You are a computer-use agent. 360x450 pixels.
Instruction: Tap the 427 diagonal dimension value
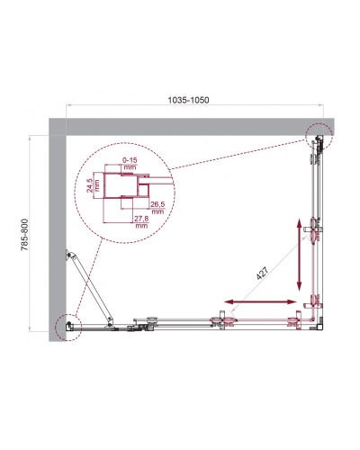pyautogui.click(x=263, y=276)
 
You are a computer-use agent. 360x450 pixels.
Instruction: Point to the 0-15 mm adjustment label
pyautogui.click(x=129, y=164)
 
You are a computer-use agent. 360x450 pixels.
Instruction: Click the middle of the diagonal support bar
pyautogui.click(x=90, y=290)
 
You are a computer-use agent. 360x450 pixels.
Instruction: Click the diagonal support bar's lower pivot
pyautogui.click(x=109, y=319)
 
